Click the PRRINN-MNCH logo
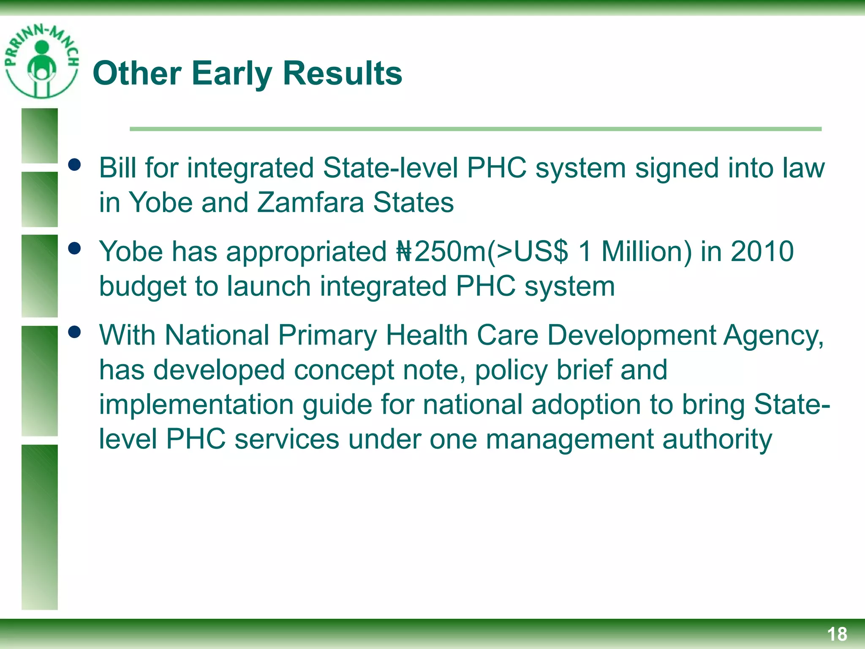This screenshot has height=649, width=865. (41, 61)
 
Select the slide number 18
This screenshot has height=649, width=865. (837, 634)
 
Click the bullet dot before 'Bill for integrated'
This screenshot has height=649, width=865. (74, 165)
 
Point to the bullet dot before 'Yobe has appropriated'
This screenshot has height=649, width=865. (74, 248)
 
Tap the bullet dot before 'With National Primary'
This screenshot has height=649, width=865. (74, 332)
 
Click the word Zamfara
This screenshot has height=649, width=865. (310, 202)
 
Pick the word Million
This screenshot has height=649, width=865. (646, 252)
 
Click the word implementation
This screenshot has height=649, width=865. (196, 405)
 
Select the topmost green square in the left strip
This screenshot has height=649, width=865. (40, 136)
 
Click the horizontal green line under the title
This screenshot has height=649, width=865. (475, 129)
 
